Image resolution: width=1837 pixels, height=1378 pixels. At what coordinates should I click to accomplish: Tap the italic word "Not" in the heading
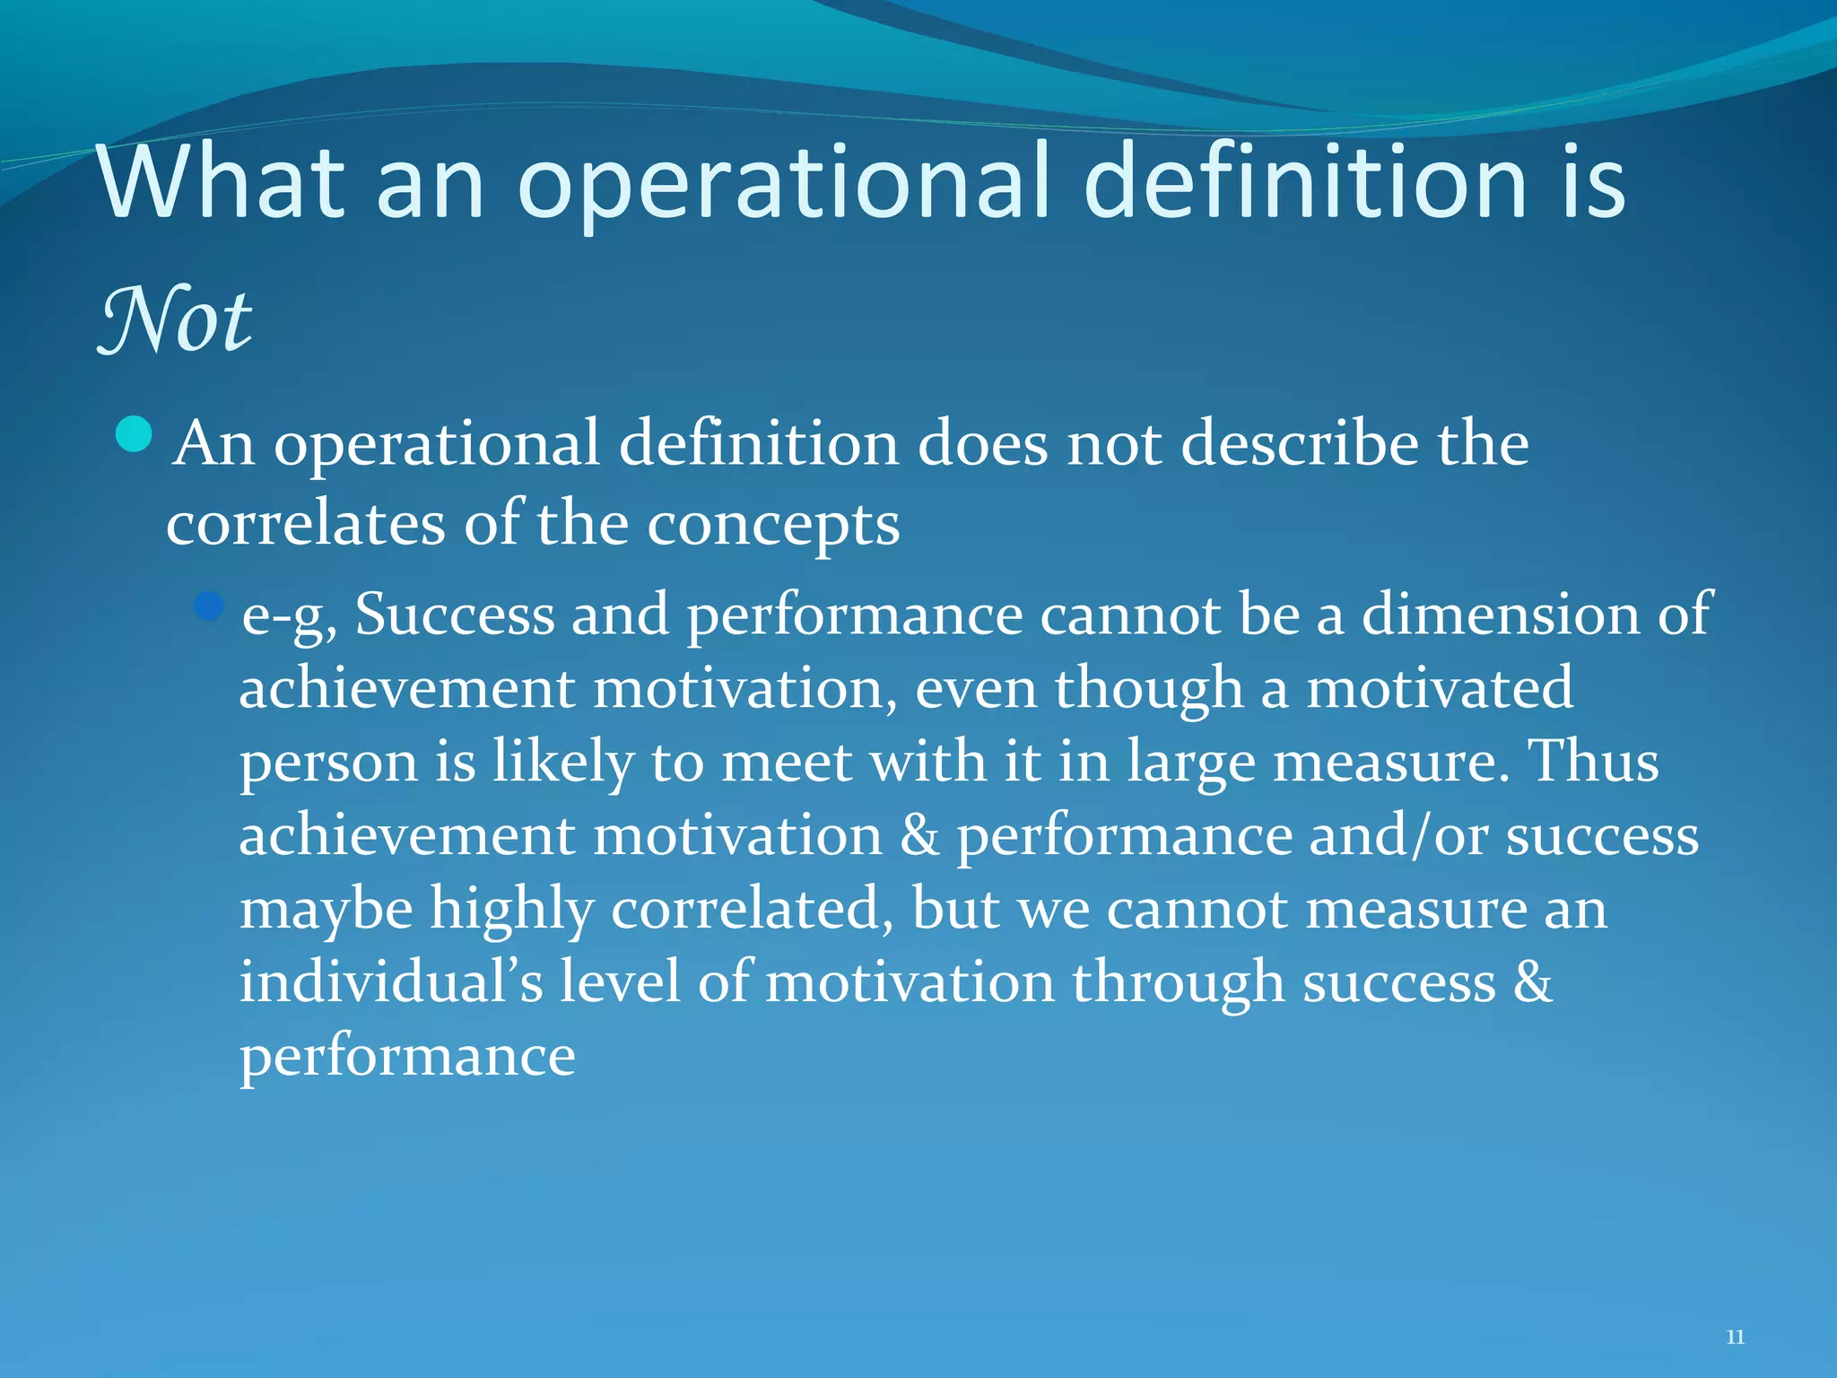pyautogui.click(x=176, y=320)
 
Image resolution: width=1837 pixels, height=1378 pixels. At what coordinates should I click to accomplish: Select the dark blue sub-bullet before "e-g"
pyautogui.click(x=208, y=606)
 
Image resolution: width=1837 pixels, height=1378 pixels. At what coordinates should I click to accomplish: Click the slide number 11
pyautogui.click(x=1735, y=1337)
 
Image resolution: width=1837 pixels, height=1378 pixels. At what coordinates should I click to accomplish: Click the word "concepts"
pyautogui.click(x=773, y=525)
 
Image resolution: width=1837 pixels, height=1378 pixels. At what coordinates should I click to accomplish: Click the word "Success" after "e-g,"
pyautogui.click(x=455, y=615)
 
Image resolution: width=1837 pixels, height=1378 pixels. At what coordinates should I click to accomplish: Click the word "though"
pyautogui.click(x=1148, y=689)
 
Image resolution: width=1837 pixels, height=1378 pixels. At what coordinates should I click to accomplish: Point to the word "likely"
pyautogui.click(x=562, y=763)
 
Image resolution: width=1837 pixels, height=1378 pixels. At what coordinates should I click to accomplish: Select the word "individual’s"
pyautogui.click(x=391, y=981)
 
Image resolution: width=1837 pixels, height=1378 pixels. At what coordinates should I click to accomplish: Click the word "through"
pyautogui.click(x=1179, y=982)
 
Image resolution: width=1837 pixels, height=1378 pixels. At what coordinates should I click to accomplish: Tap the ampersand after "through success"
pyautogui.click(x=1533, y=982)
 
